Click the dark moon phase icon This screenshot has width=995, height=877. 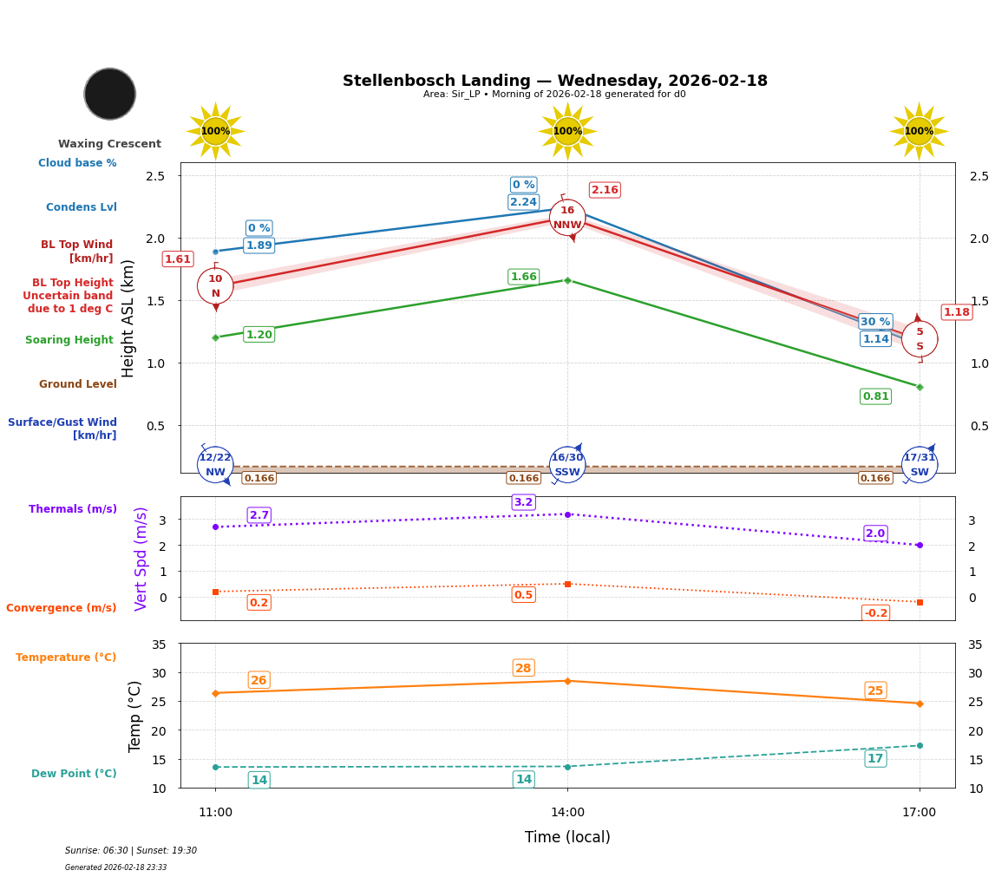coord(110,94)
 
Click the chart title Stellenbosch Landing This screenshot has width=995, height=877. coord(554,81)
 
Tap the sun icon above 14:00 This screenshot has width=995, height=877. coord(567,131)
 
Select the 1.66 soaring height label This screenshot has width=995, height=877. coord(523,277)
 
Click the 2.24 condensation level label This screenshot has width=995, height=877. coord(523,202)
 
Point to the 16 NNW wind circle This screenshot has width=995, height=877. coord(567,218)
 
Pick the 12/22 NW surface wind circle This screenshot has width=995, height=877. coord(215,464)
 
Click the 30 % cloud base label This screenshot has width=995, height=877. coord(875,322)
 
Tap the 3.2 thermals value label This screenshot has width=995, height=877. coord(523,502)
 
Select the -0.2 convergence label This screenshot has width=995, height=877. coord(875,613)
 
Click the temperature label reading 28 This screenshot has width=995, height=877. coord(523,668)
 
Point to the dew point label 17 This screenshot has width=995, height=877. coord(875,759)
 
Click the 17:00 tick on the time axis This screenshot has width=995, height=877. coord(919,813)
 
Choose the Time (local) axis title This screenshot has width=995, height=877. coord(567,837)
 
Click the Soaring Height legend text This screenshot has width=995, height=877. coord(69,340)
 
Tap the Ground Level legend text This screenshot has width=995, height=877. coord(78,384)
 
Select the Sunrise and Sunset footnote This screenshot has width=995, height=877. coord(131,851)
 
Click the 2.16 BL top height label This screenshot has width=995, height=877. coord(605,190)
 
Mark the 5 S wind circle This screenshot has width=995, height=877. coord(920,339)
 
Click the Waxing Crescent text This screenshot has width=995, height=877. coord(109,144)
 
